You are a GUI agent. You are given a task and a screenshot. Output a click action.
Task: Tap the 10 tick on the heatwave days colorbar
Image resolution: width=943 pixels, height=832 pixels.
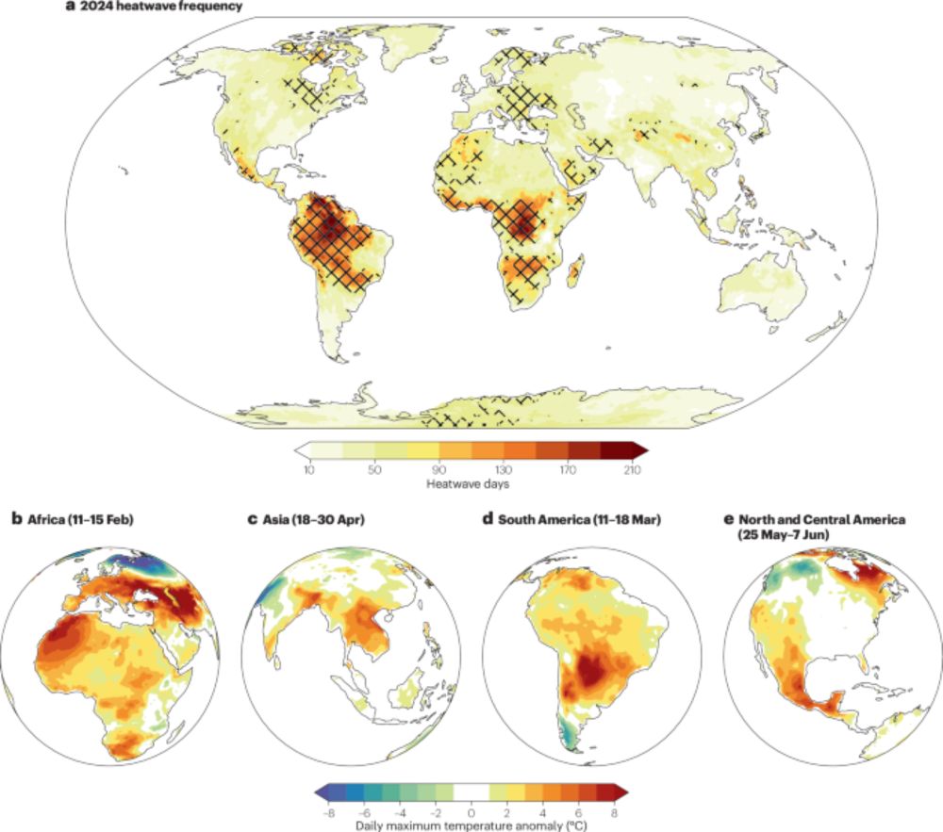click(308, 469)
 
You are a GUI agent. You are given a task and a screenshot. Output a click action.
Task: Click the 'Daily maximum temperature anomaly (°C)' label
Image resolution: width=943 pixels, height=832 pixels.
click(471, 825)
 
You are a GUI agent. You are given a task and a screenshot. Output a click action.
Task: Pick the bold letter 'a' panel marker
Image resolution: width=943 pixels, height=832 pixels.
click(70, 8)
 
